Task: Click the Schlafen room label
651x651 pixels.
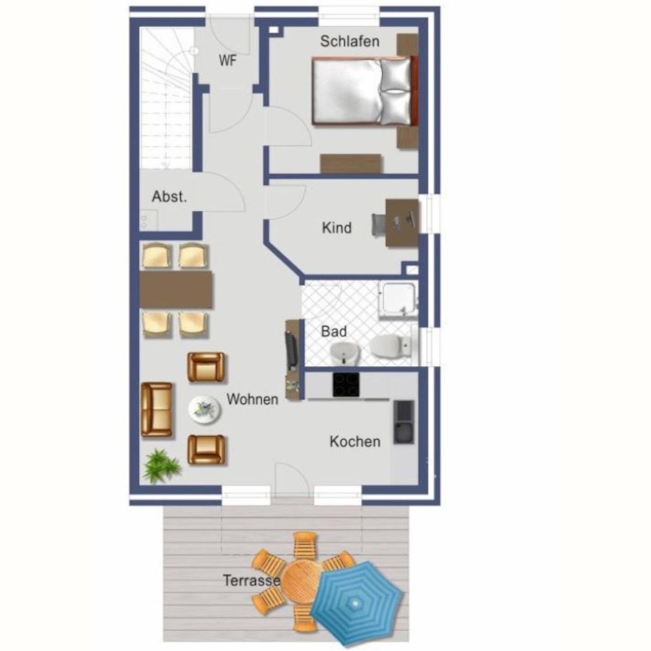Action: (349, 42)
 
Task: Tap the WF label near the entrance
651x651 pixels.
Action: (228, 61)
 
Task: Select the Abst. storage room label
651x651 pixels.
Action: (169, 197)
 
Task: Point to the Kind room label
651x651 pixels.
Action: (336, 228)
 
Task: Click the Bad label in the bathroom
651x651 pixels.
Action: (334, 331)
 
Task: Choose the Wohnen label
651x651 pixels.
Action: (252, 399)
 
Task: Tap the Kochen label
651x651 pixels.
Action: (355, 442)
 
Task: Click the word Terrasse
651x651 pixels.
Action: (252, 580)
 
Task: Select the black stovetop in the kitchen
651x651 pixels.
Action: (346, 385)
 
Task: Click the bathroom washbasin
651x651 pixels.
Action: (344, 354)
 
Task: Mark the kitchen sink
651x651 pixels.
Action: (404, 422)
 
